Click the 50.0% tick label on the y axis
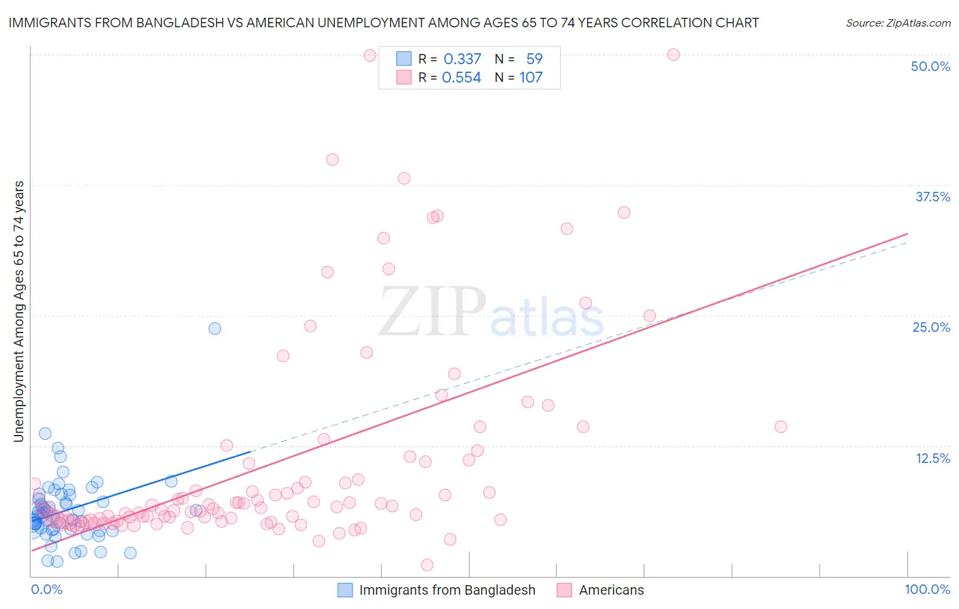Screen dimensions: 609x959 pos(930,66)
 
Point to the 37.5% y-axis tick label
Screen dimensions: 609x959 pos(932,197)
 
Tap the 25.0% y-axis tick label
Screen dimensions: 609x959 pos(931,327)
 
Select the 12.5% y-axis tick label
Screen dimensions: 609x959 pos(932,458)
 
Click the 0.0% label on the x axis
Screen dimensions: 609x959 pos(46,589)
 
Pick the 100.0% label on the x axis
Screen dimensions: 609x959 pos(927,589)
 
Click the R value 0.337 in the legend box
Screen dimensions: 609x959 pos(462,59)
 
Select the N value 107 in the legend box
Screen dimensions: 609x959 pos(531,78)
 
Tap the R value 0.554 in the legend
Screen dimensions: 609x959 pos(462,78)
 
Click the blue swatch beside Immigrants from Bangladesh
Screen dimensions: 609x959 pos(345,590)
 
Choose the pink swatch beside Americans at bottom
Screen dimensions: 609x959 pos(564,590)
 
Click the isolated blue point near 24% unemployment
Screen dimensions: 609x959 pos(215,328)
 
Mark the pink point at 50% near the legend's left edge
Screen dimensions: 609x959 pos(370,55)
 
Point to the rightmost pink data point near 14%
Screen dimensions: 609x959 pos(781,427)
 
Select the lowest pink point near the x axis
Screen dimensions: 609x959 pos(427,565)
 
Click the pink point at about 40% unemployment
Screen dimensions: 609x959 pos(332,160)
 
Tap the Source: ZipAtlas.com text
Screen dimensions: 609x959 pos(898,23)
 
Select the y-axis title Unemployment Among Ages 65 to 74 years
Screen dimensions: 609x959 pos(18,311)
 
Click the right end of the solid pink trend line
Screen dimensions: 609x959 pos(908,233)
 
